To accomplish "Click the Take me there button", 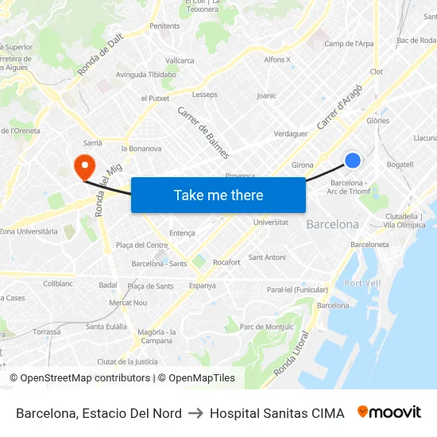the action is (x=218, y=195).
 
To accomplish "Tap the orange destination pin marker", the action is (x=83, y=166).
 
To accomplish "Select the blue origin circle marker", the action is (x=353, y=160).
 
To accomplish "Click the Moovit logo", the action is (x=389, y=412).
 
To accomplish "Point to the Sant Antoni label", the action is (x=267, y=257).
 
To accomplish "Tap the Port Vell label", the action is (x=362, y=283).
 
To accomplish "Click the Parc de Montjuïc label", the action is (x=266, y=327).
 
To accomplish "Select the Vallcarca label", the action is (x=180, y=60).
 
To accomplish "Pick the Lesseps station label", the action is (x=204, y=95).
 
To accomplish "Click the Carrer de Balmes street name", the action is (x=203, y=132).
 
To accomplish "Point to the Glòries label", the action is (x=377, y=121).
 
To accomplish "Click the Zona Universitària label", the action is (x=29, y=231).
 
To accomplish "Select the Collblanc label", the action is (x=58, y=283).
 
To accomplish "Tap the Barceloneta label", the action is (x=369, y=245).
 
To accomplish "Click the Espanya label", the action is (x=202, y=285).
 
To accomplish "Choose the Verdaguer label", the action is (x=290, y=133).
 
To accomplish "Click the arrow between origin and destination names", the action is (x=195, y=413).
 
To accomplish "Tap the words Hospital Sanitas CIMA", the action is (x=277, y=413).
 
